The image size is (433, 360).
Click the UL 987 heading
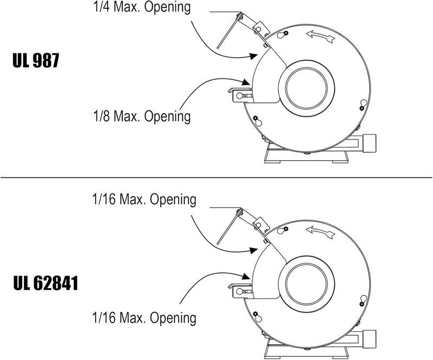36,61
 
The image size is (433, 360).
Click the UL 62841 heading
45,284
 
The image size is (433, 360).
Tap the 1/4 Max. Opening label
142,7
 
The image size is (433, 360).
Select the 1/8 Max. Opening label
142,116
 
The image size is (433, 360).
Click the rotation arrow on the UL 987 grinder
321,36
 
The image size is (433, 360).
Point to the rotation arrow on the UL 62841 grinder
321,232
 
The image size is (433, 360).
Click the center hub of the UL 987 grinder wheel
306,88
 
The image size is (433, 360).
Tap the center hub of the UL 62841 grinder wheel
306,284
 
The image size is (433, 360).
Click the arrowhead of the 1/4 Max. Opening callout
253,56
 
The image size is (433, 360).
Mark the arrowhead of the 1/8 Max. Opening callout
246,82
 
